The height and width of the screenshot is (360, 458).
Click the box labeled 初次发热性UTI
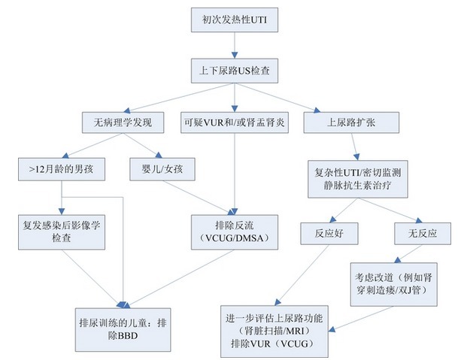tap(234, 20)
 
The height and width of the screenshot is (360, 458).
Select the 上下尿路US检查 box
tap(234, 71)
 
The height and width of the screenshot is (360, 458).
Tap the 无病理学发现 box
tap(123, 123)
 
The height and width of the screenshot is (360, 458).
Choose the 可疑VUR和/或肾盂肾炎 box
tap(234, 123)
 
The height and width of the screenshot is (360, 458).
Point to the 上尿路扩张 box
tap(351, 123)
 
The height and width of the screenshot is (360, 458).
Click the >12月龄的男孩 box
tap(62, 169)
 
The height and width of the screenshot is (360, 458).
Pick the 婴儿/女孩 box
tap(162, 169)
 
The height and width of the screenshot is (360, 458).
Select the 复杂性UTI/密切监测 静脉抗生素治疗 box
tap(357, 179)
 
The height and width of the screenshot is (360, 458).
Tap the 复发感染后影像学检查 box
tap(62, 232)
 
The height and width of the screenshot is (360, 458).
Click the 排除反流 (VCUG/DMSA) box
tap(234, 232)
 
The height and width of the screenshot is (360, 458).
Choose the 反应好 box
tap(329, 233)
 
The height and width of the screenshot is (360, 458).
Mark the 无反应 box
tap(423, 233)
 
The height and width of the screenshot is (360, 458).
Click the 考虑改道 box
tap(394, 284)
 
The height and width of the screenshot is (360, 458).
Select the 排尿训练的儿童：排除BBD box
tap(123, 329)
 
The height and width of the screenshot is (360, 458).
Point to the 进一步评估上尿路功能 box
tap(274, 331)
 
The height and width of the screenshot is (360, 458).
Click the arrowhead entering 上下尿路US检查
tap(235, 55)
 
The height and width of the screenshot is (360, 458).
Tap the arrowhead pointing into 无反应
tap(419, 220)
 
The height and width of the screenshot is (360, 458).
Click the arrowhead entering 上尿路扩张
tap(317, 110)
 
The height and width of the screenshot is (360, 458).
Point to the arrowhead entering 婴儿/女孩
tap(159, 155)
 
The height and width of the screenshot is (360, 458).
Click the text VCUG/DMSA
tap(234, 238)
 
